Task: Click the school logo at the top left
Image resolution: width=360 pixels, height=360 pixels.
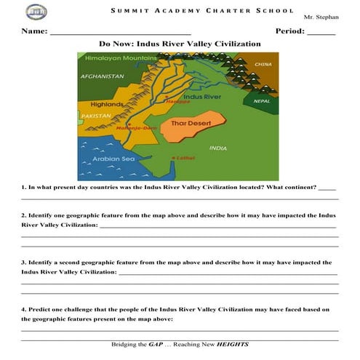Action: [34, 12]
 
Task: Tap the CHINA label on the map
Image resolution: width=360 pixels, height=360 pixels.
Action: [263, 65]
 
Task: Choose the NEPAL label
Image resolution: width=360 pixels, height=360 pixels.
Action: [261, 101]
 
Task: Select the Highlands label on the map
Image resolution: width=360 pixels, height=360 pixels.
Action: [106, 105]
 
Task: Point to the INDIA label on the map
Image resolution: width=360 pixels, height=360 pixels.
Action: [217, 148]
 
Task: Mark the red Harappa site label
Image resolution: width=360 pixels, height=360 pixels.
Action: [178, 102]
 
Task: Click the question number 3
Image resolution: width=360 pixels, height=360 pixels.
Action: [23, 262]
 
